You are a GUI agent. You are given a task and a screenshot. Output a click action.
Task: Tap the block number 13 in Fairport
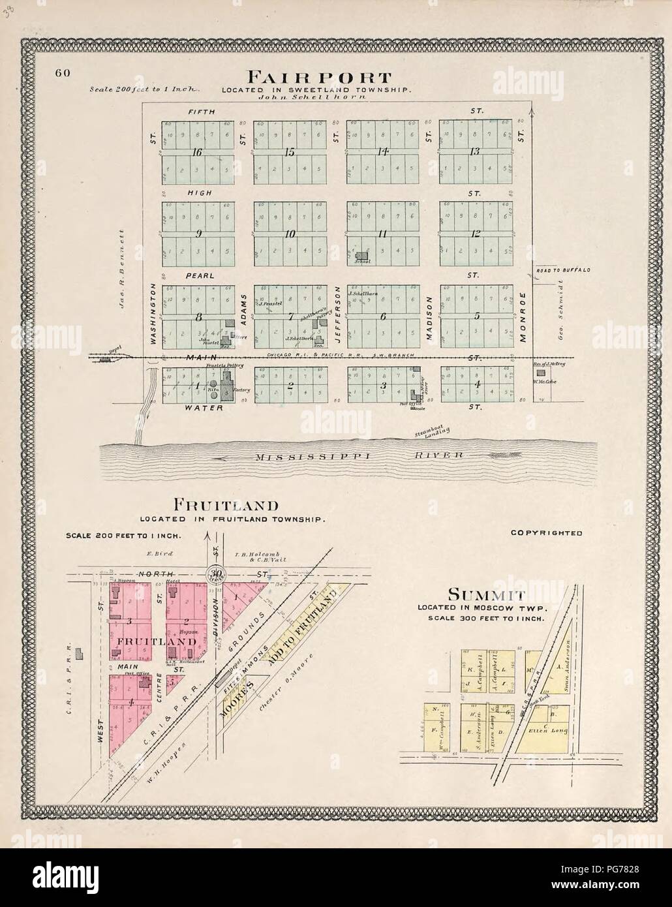pyautogui.click(x=474, y=152)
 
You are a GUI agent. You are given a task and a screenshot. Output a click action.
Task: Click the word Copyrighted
pyautogui.click(x=546, y=532)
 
